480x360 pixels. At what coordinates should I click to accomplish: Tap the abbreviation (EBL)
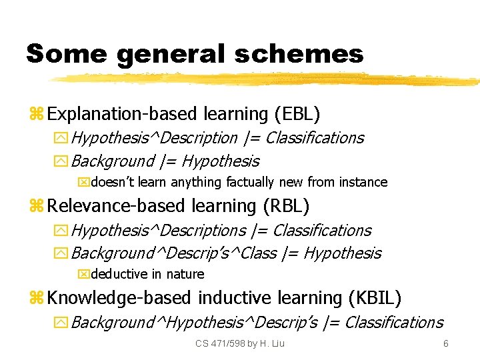297,114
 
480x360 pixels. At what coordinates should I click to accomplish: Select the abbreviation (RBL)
287,206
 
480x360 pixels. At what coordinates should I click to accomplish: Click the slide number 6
446,343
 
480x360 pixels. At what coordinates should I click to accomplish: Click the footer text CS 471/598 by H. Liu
240,343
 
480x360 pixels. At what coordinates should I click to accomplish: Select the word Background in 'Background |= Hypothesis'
112,161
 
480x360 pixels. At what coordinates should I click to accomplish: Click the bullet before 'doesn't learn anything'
83,182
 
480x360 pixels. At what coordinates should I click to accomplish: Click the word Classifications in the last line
393,323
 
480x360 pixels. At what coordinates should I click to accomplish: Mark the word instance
363,182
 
